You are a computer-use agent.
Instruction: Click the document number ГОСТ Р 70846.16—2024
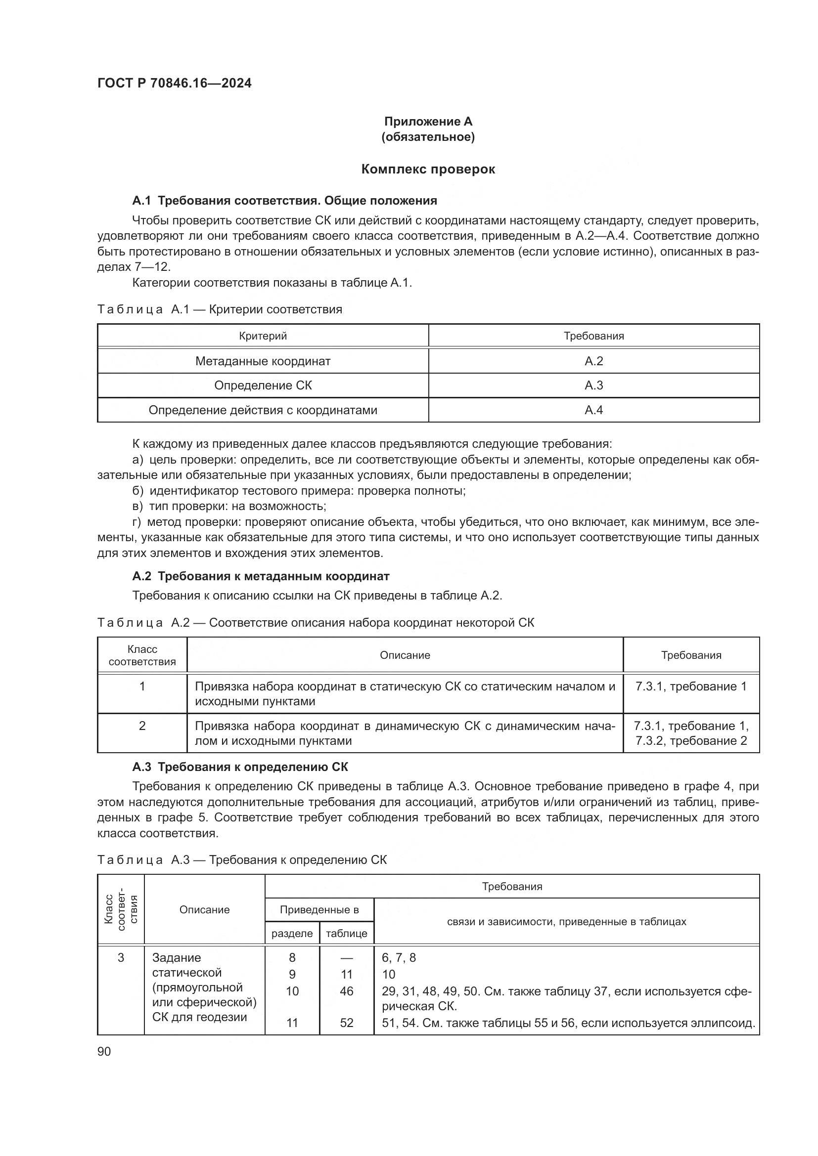(x=174, y=83)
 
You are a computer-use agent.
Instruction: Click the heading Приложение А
(x=428, y=122)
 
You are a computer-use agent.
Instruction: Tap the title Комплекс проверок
(x=428, y=169)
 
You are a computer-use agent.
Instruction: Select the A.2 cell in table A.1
(x=593, y=361)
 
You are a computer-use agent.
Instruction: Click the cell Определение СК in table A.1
(x=263, y=385)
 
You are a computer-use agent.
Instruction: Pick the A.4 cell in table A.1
(x=593, y=410)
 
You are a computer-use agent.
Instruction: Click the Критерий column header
(x=263, y=336)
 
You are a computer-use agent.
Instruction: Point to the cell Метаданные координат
(x=263, y=361)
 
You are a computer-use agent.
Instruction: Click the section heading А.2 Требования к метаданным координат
(x=261, y=576)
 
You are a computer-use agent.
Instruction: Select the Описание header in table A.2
(x=405, y=655)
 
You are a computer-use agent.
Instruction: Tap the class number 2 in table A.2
(x=142, y=726)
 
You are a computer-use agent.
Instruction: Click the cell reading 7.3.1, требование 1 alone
(x=690, y=687)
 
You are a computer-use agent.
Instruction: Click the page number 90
(x=104, y=1052)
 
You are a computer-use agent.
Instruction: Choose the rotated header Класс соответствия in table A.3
(x=121, y=910)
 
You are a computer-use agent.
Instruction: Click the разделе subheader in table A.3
(x=292, y=934)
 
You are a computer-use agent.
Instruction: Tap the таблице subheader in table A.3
(x=347, y=934)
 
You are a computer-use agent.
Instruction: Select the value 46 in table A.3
(x=347, y=991)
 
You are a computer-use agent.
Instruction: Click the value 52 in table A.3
(x=347, y=1023)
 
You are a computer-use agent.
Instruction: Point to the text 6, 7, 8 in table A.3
(x=399, y=958)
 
